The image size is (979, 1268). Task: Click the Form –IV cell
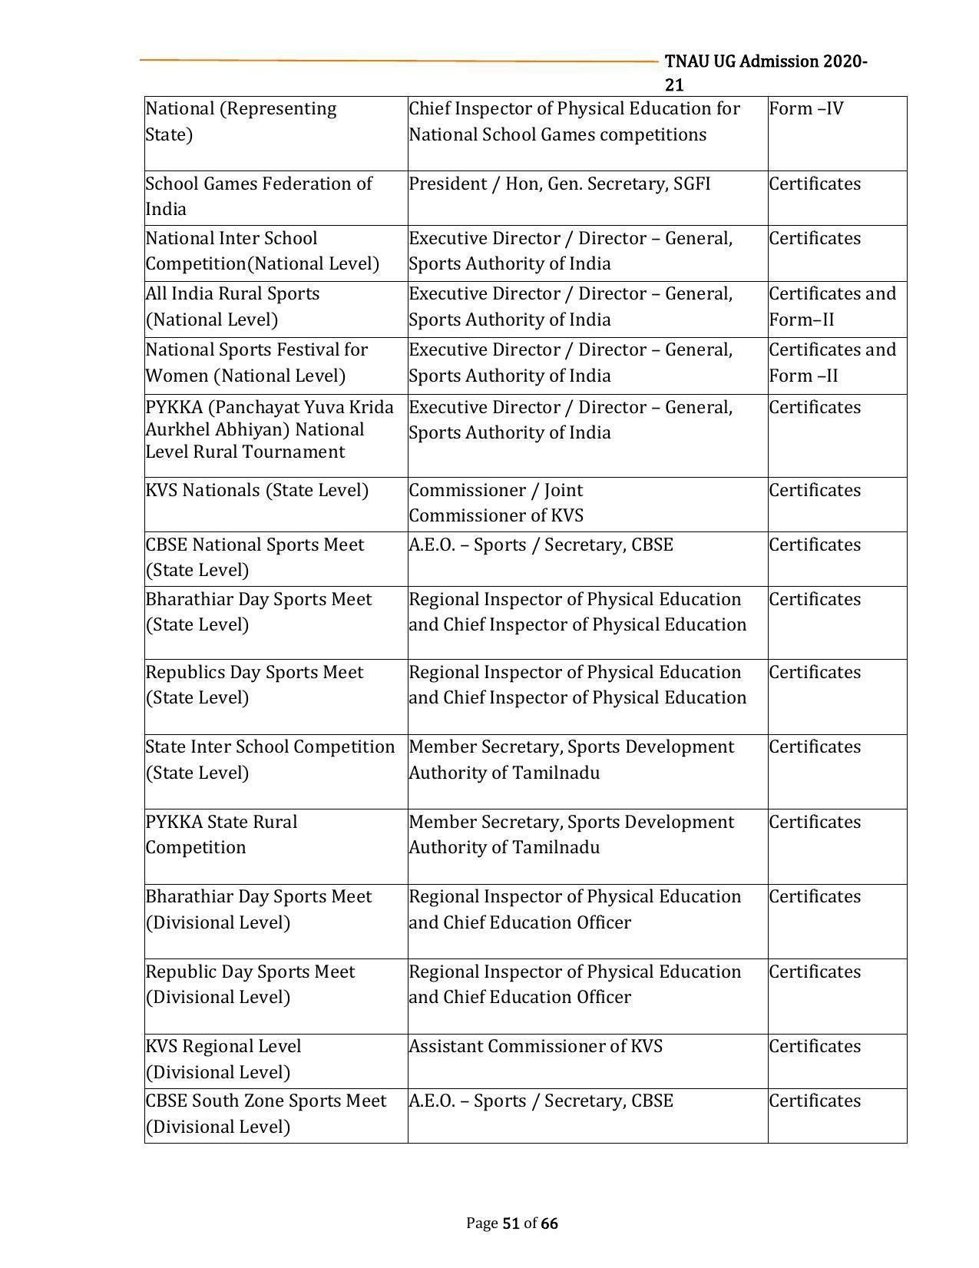coord(805,109)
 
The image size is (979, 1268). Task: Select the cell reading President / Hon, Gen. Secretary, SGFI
coord(559,184)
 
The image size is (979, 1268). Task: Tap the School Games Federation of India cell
coord(259,197)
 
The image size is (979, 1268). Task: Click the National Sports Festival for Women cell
coord(256,363)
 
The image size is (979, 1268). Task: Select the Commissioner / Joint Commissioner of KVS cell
coord(496,502)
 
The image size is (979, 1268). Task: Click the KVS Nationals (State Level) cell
coord(257,491)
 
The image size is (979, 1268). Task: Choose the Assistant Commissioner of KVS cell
coord(535,1047)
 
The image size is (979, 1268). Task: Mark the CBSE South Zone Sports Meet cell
coord(266,1114)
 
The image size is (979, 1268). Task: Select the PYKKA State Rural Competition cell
coord(222,834)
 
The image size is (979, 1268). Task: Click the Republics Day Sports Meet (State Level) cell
coord(254,684)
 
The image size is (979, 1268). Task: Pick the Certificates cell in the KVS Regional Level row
coord(815,1047)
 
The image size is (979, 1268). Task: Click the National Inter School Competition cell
coord(262,251)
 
